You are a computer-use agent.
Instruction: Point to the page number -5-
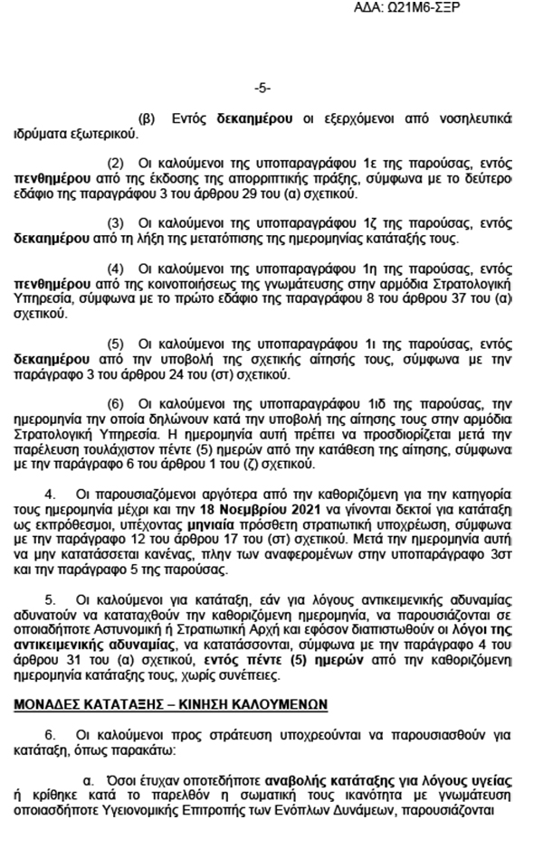(x=262, y=88)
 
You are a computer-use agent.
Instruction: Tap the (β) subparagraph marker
(x=146, y=119)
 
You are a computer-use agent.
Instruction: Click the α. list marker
(x=89, y=777)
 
